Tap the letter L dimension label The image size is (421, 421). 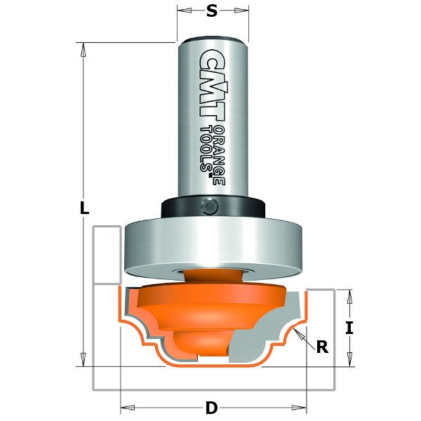click(84, 208)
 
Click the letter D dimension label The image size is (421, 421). click(211, 407)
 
